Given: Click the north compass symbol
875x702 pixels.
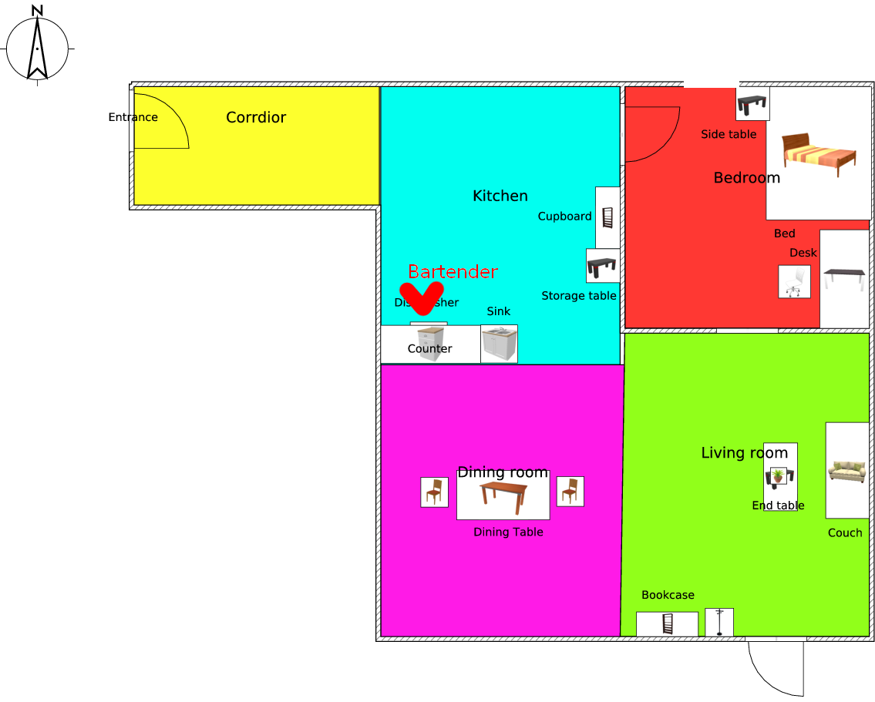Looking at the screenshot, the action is pos(37,46).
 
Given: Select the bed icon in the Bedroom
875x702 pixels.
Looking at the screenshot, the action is pos(819,153).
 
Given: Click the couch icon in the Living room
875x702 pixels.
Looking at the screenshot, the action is pos(846,470).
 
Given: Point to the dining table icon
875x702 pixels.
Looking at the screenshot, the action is pos(503,497).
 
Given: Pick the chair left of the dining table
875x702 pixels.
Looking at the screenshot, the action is pos(435,492).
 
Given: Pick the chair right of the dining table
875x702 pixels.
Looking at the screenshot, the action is pos(570,491).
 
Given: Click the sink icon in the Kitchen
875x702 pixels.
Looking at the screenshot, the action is pos(499,344).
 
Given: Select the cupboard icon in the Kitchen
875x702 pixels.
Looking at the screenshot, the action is pos(607,217).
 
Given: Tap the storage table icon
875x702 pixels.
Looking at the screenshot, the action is pos(602,267).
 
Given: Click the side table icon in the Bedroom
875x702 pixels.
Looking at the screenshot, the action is pos(752,103).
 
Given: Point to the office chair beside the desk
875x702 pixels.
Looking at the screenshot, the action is pos(794,282).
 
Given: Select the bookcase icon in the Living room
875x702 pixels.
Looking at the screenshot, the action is pos(668,623).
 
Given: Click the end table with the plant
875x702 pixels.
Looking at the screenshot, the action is pos(779,476).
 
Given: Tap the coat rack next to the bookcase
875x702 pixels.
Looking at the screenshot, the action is pos(719,622).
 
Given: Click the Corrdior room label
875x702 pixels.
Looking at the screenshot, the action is pos(256,117).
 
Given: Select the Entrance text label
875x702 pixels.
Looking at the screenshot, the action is pos(133,117).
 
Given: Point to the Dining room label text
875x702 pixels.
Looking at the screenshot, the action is pos(503,472).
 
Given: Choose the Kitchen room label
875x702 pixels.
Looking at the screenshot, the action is pos(500,196).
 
